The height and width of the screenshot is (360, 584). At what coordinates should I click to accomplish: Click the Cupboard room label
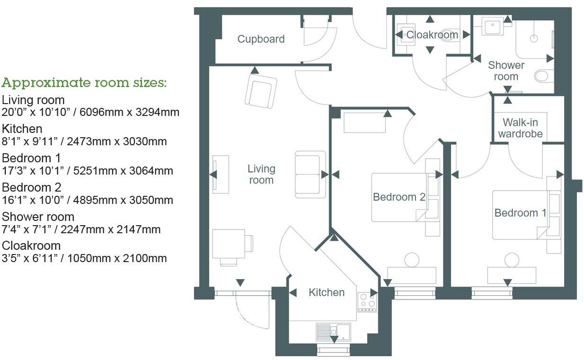pos(261,39)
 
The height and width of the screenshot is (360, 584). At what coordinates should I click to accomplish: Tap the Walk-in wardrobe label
pos(520,128)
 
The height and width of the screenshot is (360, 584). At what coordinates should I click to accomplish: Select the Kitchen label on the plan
pos(326,292)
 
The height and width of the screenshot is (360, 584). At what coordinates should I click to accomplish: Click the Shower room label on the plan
pos(506,71)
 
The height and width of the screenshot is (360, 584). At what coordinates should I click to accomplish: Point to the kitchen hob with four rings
pos(367,301)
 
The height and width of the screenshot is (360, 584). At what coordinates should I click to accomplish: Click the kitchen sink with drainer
pos(333,332)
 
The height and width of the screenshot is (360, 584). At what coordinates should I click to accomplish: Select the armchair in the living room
pos(260,93)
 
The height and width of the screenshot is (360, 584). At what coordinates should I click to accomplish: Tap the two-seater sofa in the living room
pos(310,174)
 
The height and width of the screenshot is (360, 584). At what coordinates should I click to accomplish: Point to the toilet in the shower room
pos(544,75)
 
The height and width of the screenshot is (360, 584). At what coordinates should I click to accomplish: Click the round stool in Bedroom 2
pos(411,260)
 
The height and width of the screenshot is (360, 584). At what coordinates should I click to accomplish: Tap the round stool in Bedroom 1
pos(512,260)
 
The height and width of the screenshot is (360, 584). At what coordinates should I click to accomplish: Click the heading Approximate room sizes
pos(84,83)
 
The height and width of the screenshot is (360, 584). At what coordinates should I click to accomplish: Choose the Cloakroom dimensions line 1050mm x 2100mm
pos(84,258)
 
